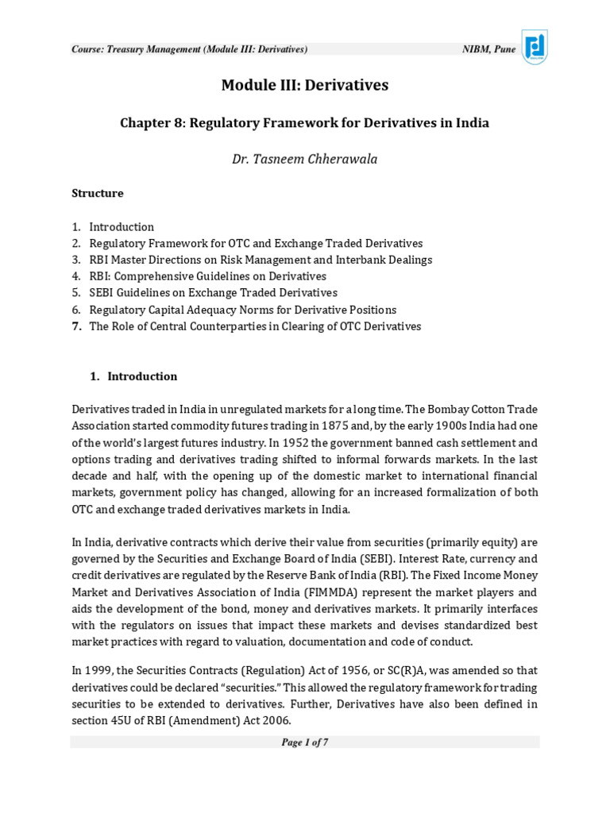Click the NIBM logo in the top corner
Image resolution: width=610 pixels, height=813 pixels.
[x=534, y=47]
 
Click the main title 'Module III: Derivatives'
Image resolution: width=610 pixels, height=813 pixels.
[x=304, y=85]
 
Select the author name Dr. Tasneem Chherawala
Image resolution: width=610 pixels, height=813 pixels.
[x=304, y=159]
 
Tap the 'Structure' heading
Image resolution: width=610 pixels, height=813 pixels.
[x=97, y=193]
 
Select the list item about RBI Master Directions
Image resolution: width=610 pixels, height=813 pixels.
[x=260, y=260]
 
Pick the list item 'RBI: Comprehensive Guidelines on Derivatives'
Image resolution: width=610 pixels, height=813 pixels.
[x=207, y=276]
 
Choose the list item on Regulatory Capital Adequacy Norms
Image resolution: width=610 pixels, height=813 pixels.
[x=242, y=310]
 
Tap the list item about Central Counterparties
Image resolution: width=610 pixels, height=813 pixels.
[x=254, y=326]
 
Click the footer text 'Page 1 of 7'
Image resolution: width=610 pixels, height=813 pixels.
[x=304, y=742]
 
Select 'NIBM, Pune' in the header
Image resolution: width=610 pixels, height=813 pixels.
[x=488, y=49]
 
